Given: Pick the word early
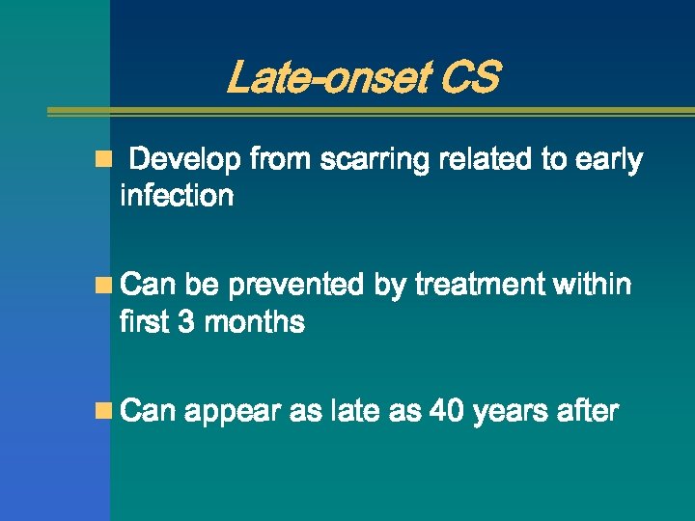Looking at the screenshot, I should click(608, 160).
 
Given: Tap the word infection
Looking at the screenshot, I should click(177, 196).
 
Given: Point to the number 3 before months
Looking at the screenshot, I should click(187, 322).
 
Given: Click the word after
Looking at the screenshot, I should click(587, 412).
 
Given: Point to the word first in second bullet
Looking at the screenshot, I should click(144, 322).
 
